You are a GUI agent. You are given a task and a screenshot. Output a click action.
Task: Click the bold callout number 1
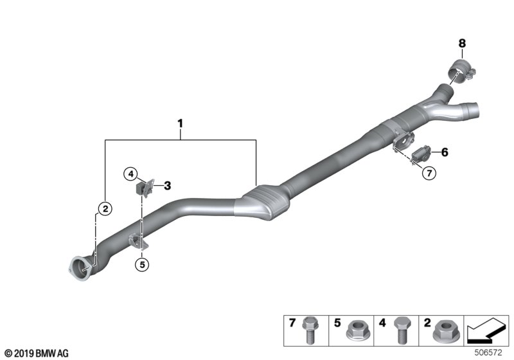tap(180, 123)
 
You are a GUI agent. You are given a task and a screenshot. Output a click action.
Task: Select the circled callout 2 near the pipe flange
tap(105, 208)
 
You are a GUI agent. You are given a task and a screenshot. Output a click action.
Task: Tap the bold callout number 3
tap(167, 186)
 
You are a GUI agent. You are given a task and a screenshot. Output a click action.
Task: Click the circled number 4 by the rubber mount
tap(131, 174)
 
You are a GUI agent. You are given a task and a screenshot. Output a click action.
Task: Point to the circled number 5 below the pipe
tap(142, 264)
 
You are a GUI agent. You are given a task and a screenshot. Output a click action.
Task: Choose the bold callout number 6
tap(445, 152)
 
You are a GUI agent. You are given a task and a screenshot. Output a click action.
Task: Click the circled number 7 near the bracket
tap(429, 172)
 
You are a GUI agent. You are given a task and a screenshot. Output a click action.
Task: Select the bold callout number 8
tap(462, 43)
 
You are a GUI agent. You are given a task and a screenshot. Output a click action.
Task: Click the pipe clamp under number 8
tap(461, 71)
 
